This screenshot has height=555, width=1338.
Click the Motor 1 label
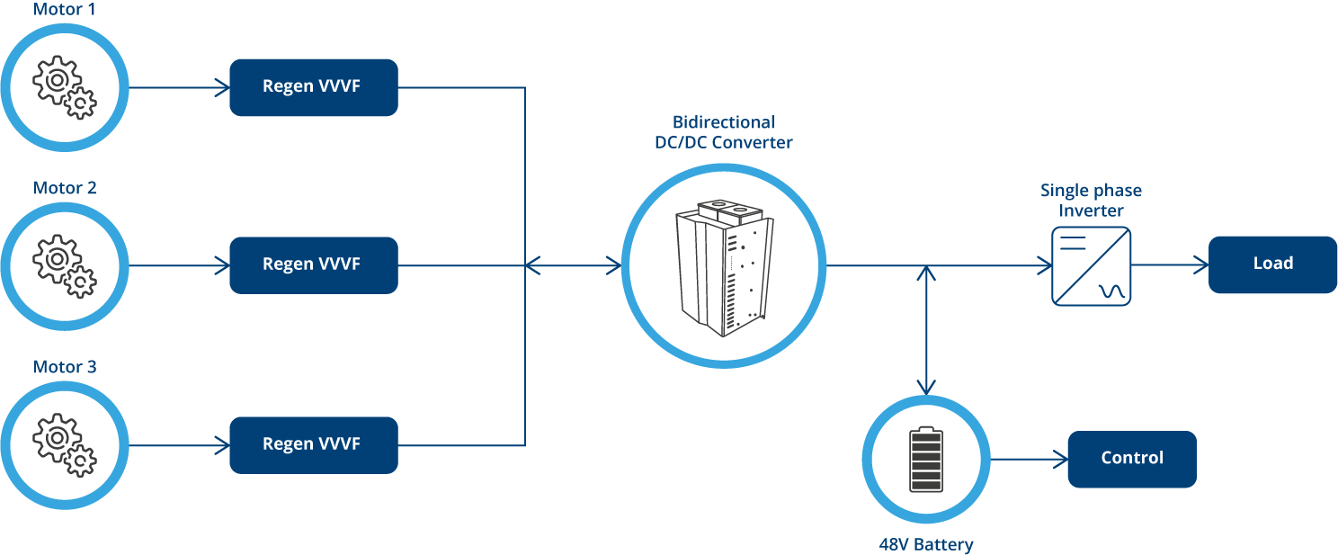pyautogui.click(x=64, y=10)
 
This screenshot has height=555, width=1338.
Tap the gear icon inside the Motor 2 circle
pyautogui.click(x=64, y=266)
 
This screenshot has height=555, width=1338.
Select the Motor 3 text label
pyautogui.click(x=64, y=367)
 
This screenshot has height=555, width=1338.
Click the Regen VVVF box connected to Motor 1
pyautogui.click(x=313, y=87)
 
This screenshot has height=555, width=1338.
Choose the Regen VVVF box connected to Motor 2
pyautogui.click(x=313, y=265)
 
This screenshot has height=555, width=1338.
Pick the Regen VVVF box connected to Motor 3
pyautogui.click(x=313, y=444)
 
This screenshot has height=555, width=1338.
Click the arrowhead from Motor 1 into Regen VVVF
pyautogui.click(x=222, y=87)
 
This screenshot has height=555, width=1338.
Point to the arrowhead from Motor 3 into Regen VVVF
pyautogui.click(x=222, y=444)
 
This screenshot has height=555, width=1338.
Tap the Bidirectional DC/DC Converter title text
pyautogui.click(x=723, y=132)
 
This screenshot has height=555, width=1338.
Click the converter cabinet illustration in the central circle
pyautogui.click(x=723, y=266)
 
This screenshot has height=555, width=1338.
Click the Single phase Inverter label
pyautogui.click(x=1091, y=201)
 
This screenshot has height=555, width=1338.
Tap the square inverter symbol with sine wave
pyautogui.click(x=1091, y=266)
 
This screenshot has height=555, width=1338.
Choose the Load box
pyautogui.click(x=1272, y=264)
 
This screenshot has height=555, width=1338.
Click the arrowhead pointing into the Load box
pyautogui.click(x=1200, y=265)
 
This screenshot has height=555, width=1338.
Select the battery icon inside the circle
pyautogui.click(x=925, y=460)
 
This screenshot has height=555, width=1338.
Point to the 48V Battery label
pyautogui.click(x=925, y=544)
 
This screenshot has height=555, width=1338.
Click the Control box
pyautogui.click(x=1131, y=459)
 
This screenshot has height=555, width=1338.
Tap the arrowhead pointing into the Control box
pyautogui.click(x=1059, y=460)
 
